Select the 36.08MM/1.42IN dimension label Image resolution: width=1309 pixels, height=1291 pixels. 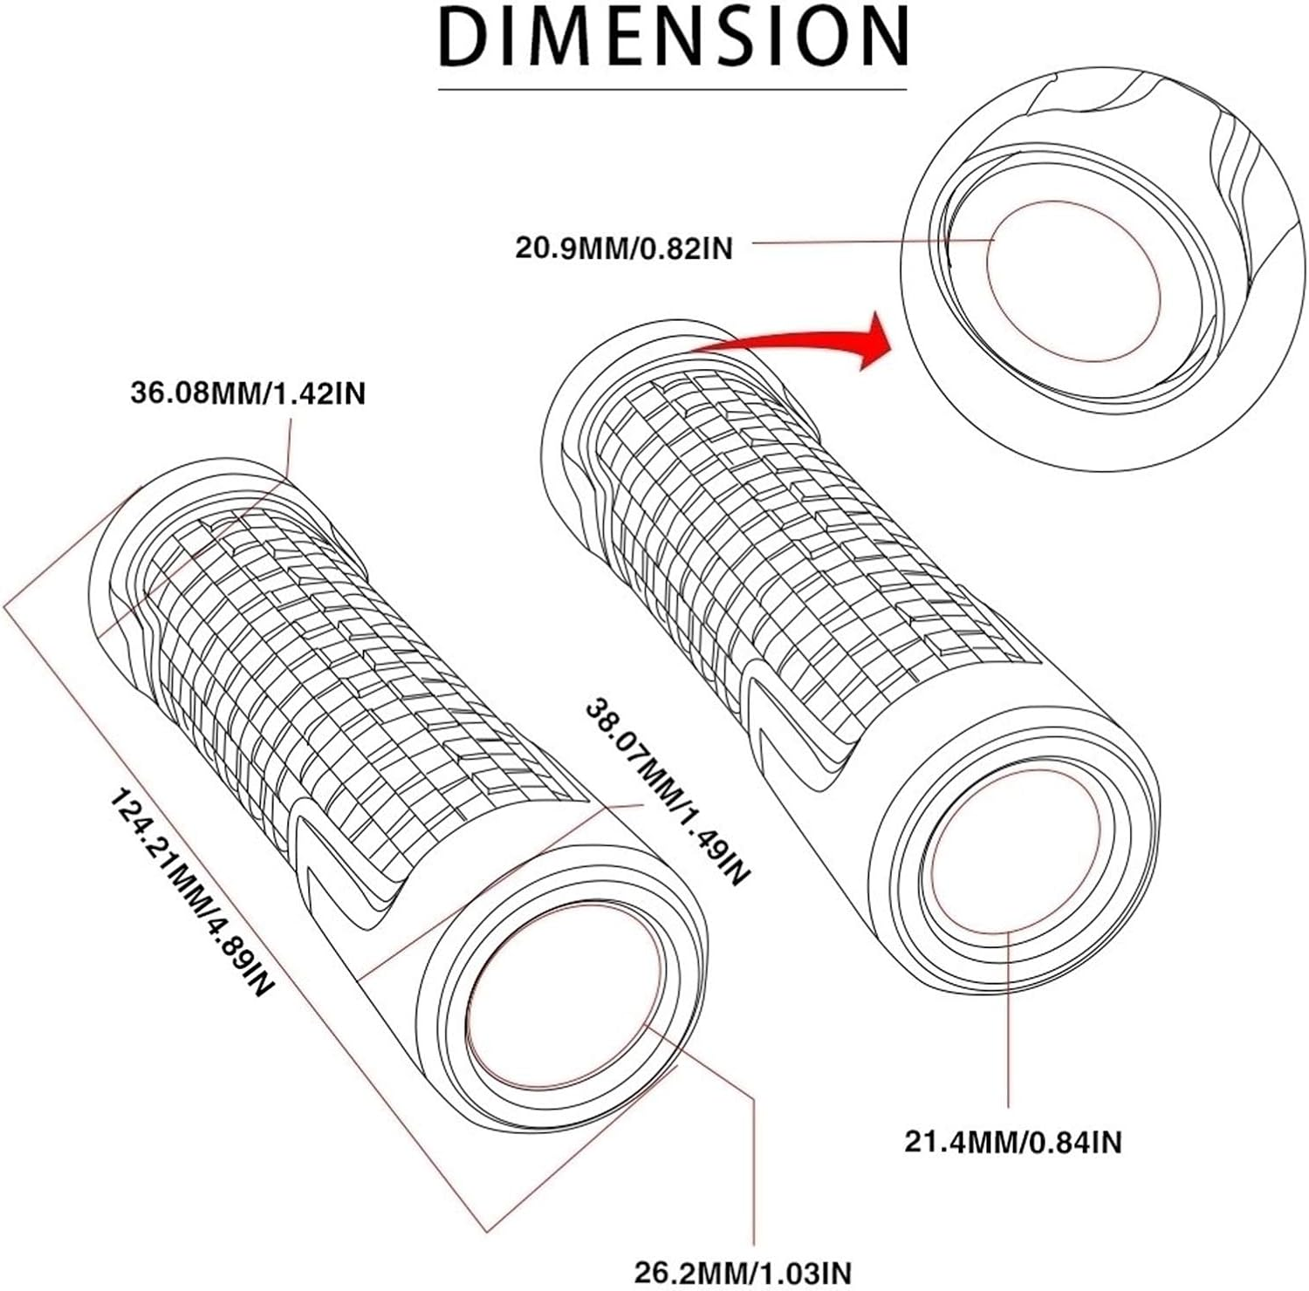pyautogui.click(x=248, y=393)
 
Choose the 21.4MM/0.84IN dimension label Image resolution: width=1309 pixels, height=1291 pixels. pyautogui.click(x=1012, y=1141)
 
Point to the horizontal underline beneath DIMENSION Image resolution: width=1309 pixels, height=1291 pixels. pyautogui.click(x=672, y=89)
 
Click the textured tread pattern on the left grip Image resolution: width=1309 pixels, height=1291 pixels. pyautogui.click(x=349, y=663)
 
